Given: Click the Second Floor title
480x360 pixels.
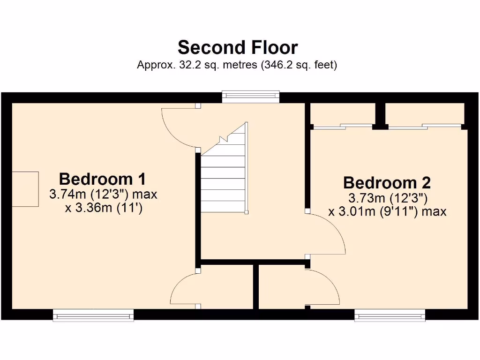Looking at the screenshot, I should pos(238,47).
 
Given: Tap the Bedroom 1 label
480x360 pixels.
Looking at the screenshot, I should pos(102,179).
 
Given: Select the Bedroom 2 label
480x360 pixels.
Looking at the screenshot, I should pos(387,182).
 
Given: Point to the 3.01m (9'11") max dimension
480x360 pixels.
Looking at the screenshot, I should pos(387,211).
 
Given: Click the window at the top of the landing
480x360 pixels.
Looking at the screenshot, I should pos(251,97).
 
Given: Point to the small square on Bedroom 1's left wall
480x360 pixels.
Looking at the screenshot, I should pos(25,189).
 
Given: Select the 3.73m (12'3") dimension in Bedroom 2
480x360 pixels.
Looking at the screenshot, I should pos(387,197).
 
